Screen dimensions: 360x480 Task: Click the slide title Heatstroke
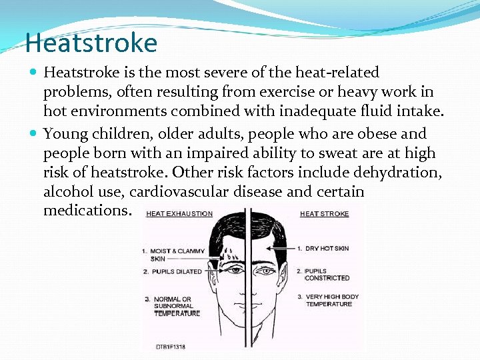[91, 43]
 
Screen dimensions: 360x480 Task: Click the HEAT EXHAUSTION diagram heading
[179, 214]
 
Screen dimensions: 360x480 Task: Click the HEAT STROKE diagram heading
[325, 214]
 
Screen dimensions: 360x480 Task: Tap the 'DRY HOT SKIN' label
[327, 248]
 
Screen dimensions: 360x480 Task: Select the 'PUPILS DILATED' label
[177, 272]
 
